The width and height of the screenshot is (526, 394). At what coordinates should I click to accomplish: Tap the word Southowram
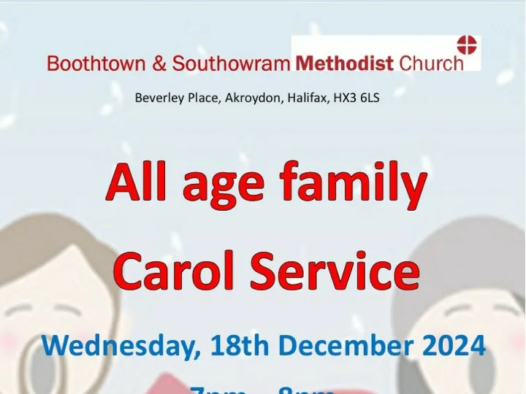pyautogui.click(x=230, y=63)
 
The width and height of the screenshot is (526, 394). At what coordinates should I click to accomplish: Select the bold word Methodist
pyautogui.click(x=345, y=63)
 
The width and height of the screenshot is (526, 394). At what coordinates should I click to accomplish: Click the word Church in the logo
pyautogui.click(x=431, y=63)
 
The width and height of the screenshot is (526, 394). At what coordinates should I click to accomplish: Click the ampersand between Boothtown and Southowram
pyautogui.click(x=159, y=63)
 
